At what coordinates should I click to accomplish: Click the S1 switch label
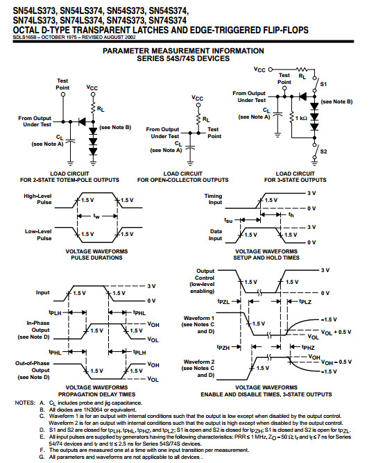(323, 84)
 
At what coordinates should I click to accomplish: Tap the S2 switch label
(323, 151)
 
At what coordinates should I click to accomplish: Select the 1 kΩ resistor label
(301, 118)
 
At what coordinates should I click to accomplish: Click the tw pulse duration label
(96, 217)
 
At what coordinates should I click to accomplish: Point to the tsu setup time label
(228, 220)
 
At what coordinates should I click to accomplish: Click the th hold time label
(291, 215)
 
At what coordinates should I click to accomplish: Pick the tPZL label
(223, 301)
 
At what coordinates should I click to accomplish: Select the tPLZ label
(305, 301)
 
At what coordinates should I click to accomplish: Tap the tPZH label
(223, 348)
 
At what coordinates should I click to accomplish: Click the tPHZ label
(308, 348)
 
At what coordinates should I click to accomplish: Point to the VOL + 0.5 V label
(336, 332)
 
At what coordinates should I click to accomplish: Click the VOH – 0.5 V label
(336, 362)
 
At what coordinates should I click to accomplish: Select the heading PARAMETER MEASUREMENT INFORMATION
(183, 51)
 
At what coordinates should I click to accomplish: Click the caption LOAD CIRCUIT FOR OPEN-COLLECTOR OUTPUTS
(183, 177)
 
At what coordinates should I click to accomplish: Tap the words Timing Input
(213, 199)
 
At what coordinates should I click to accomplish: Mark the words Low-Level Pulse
(38, 235)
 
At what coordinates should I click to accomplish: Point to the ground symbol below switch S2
(315, 162)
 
